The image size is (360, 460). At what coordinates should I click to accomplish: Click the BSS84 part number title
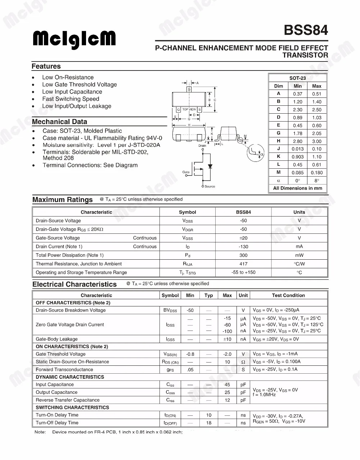pyautogui.click(x=306, y=30)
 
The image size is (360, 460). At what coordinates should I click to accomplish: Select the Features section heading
pyautogui.click(x=46, y=66)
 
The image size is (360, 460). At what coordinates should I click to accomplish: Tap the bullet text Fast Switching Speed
pyautogui.click(x=71, y=99)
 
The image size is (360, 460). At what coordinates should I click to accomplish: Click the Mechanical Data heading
pyautogui.click(x=59, y=122)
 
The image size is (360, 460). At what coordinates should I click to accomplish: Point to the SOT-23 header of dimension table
pyautogui.click(x=297, y=78)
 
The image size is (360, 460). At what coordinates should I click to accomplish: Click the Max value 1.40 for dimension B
pyautogui.click(x=316, y=102)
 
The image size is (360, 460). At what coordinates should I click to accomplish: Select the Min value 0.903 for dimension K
pyautogui.click(x=297, y=157)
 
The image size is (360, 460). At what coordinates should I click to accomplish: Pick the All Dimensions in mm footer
pyautogui.click(x=297, y=188)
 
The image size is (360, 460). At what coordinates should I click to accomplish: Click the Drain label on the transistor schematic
pyautogui.click(x=202, y=146)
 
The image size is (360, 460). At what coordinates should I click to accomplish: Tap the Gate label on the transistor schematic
pyautogui.click(x=186, y=172)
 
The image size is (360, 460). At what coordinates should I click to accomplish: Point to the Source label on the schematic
pyautogui.click(x=210, y=186)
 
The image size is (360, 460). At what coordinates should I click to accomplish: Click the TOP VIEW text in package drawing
pyautogui.click(x=189, y=109)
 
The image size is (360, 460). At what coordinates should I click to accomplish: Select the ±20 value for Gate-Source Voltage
pyautogui.click(x=243, y=238)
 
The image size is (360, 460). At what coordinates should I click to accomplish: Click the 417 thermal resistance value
pyautogui.click(x=243, y=264)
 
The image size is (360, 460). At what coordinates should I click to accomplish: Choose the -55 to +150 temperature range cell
pyautogui.click(x=243, y=272)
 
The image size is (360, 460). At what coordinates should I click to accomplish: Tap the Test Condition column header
pyautogui.click(x=288, y=295)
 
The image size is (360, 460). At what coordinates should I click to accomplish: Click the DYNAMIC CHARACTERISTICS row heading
pyautogui.click(x=70, y=377)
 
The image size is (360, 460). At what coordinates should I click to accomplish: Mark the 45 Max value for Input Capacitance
pyautogui.click(x=227, y=384)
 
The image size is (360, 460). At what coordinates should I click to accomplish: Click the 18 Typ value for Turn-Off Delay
pyautogui.click(x=209, y=423)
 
